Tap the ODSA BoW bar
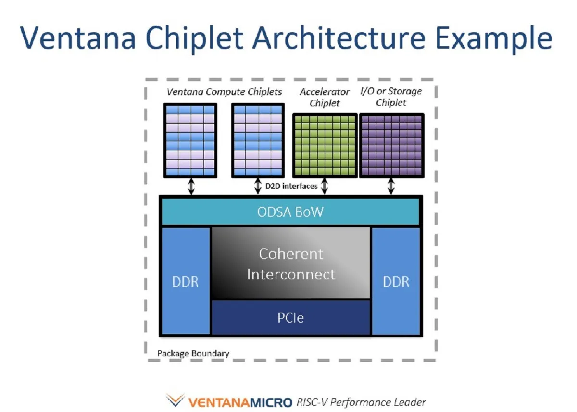[290, 212]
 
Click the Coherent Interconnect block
[290, 263]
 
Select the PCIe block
[290, 317]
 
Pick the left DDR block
[186, 281]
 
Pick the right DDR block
[396, 281]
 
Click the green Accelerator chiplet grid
[325, 146]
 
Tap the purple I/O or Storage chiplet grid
[391, 146]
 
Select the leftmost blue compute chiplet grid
[190, 140]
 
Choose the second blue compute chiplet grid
[257, 140]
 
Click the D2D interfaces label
[291, 186]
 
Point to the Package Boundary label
[193, 353]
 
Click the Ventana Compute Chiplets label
[224, 91]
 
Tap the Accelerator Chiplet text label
[325, 97]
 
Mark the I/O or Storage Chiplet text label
[391, 97]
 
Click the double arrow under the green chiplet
[325, 186]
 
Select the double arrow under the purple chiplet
[391, 186]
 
